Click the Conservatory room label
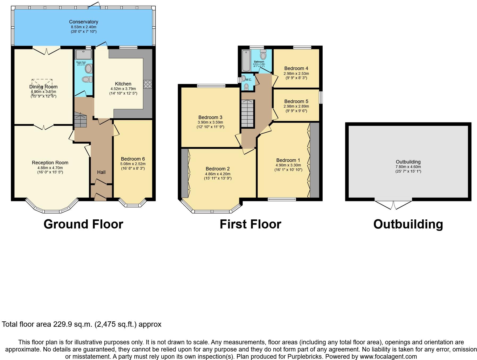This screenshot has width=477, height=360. pyautogui.click(x=84, y=22)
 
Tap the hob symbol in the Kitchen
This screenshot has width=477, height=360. pyautogui.click(x=147, y=84)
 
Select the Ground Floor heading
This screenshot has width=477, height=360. pyautogui.click(x=83, y=224)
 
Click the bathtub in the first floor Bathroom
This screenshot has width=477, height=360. pyautogui.click(x=246, y=60)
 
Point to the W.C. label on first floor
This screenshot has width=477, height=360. pyautogui.click(x=248, y=80)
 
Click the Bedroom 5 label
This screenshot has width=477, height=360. pyautogui.click(x=296, y=101)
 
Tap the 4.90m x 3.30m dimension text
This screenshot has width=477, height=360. pyautogui.click(x=288, y=165)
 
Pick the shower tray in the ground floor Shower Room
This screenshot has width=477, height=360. pyautogui.click(x=84, y=54)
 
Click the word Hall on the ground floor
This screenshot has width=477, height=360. pyautogui.click(x=101, y=172)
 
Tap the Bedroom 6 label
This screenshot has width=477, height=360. pyautogui.click(x=133, y=159)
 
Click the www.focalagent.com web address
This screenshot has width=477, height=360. pyautogui.click(x=388, y=357)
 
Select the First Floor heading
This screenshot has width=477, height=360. pyautogui.click(x=250, y=224)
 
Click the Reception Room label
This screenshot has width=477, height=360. pyautogui.click(x=50, y=163)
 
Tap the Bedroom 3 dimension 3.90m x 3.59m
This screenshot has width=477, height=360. pyautogui.click(x=210, y=122)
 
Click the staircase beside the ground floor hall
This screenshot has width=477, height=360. pyautogui.click(x=80, y=120)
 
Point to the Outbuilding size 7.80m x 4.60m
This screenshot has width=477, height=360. pyautogui.click(x=408, y=167)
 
